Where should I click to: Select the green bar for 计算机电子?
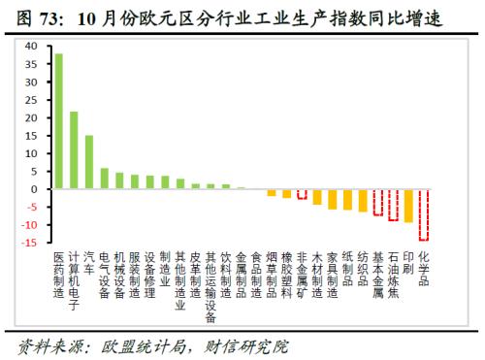coord(74,149)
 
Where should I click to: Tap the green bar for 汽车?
coord(89,161)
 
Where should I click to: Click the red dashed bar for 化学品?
coord(423,213)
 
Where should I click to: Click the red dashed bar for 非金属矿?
coord(302,193)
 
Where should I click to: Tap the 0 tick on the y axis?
coord(34,188)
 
